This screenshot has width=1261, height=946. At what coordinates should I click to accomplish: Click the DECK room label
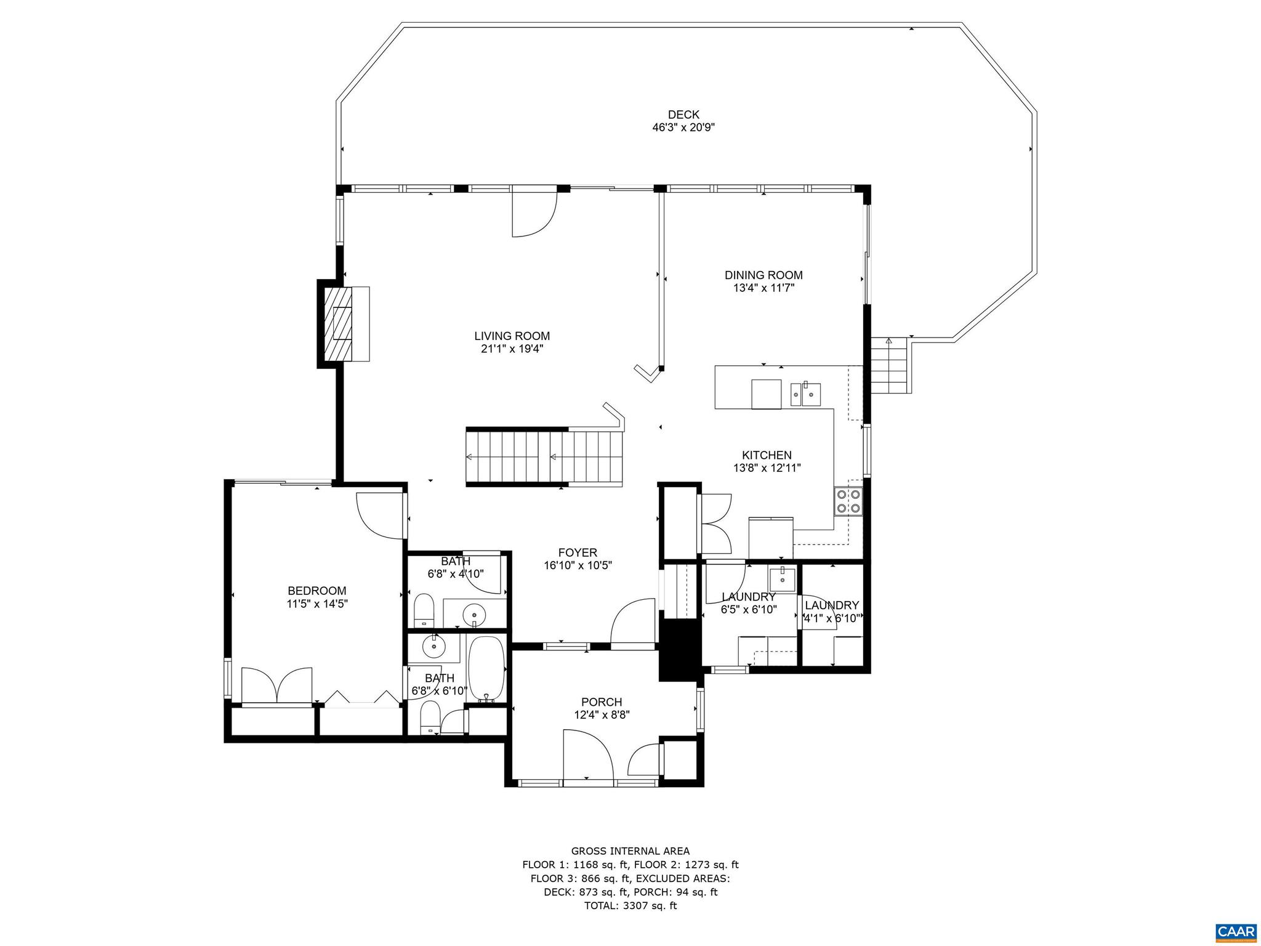click(x=683, y=115)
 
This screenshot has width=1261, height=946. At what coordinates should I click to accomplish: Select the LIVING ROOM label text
click(x=512, y=336)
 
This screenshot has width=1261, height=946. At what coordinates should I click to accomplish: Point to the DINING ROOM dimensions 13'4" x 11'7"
click(x=763, y=288)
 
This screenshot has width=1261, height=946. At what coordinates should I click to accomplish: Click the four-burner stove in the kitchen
click(x=848, y=501)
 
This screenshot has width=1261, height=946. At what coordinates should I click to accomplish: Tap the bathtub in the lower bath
click(x=486, y=669)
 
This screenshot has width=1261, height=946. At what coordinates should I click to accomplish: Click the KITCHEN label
click(x=767, y=455)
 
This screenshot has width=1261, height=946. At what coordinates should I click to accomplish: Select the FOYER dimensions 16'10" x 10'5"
click(x=578, y=565)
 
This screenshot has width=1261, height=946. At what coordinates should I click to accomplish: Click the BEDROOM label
click(x=317, y=591)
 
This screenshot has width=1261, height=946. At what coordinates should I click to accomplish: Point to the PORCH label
click(x=602, y=702)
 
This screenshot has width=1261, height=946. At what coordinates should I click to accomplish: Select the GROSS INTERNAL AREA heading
click(x=630, y=851)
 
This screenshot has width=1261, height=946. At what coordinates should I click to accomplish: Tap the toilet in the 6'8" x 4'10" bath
click(x=424, y=609)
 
